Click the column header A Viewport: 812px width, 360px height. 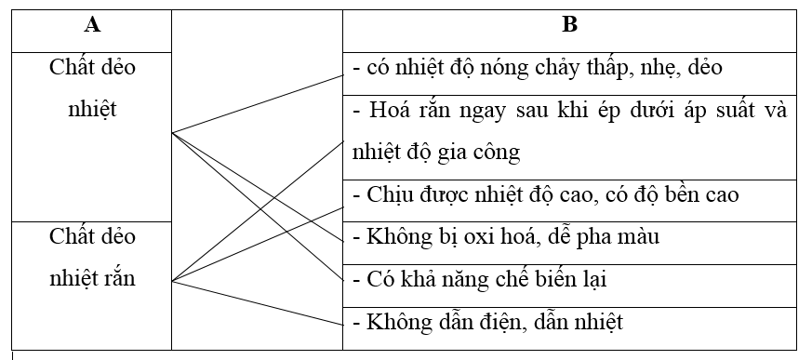92,26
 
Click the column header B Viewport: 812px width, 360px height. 569,26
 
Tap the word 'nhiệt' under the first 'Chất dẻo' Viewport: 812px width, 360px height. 92,108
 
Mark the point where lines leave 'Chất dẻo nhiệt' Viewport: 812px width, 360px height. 173,133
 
